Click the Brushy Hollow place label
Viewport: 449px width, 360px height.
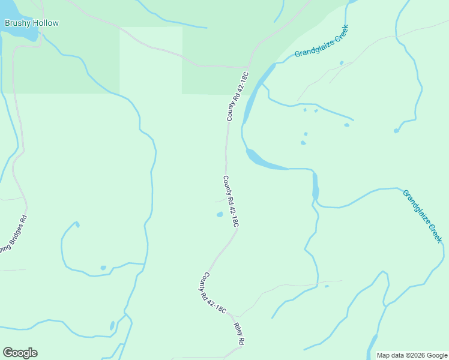[32, 23]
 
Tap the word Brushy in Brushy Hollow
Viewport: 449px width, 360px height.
[17, 23]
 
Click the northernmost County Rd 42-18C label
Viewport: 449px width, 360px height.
[238, 96]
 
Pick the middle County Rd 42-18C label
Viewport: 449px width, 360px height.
[231, 201]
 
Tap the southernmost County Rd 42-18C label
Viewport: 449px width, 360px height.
[214, 293]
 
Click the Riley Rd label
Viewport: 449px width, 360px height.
[239, 333]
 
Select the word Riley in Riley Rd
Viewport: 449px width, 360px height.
[237, 329]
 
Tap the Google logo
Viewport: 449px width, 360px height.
[20, 353]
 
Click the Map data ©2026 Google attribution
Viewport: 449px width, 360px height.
[412, 355]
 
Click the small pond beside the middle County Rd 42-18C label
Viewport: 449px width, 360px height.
[220, 214]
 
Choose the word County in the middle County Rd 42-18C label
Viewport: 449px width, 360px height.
[227, 185]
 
